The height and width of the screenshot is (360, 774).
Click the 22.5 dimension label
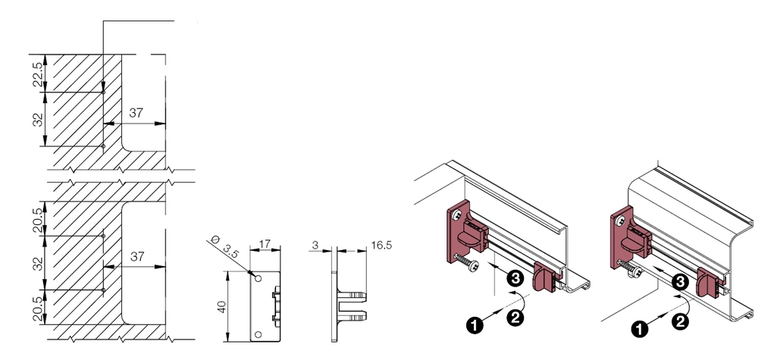[x=39, y=73]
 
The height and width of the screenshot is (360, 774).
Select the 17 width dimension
[x=265, y=243]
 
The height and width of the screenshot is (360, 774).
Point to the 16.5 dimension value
[x=381, y=245]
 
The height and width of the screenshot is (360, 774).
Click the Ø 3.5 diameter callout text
[x=224, y=246]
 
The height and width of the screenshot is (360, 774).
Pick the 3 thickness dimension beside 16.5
[x=315, y=245]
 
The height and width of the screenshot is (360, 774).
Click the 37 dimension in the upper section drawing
[x=136, y=113]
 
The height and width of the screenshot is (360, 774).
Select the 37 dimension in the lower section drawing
[x=136, y=256]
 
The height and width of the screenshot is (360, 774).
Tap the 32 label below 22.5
[x=39, y=120]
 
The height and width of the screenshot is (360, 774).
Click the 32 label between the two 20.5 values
[x=39, y=263]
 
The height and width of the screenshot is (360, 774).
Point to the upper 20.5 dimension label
[x=39, y=219]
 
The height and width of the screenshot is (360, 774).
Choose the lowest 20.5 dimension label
[x=39, y=307]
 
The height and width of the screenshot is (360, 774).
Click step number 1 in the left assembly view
[x=475, y=325]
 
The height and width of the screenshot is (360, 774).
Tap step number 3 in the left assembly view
[x=515, y=279]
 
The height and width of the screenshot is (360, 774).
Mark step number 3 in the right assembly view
[x=680, y=283]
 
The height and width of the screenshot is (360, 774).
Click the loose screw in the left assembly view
[x=466, y=262]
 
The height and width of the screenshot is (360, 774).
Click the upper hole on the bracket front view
[x=258, y=279]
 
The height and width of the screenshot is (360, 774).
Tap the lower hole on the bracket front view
[x=258, y=335]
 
